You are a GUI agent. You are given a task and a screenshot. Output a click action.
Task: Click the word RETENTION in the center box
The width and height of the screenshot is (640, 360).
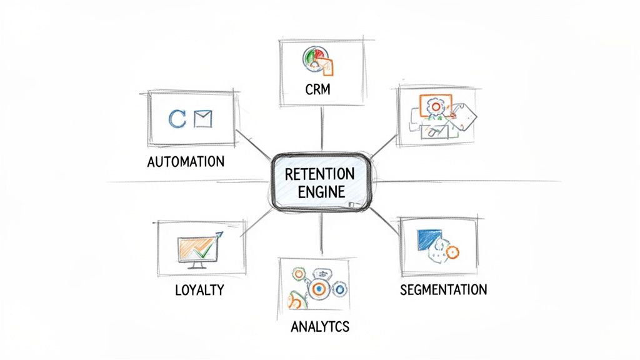coord(319,173)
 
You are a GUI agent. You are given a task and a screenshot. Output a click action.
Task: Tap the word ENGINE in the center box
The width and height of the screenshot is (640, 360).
coord(319,191)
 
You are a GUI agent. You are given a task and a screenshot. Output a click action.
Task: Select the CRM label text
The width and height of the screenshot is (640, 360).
coord(317,90)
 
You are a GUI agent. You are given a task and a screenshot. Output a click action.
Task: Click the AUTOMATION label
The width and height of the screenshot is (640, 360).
coord(186,161)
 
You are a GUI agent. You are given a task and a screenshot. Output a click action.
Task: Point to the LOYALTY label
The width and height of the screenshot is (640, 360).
coord(200,291)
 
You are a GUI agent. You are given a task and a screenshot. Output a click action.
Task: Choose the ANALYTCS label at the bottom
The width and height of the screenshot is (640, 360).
coord(320,326)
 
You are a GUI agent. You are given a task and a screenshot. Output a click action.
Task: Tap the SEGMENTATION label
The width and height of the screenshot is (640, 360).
coord(443,290)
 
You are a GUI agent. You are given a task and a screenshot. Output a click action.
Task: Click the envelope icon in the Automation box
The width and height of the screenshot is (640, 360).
coord(203,119)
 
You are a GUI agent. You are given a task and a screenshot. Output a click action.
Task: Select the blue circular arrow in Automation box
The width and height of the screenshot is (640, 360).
coord(177,119)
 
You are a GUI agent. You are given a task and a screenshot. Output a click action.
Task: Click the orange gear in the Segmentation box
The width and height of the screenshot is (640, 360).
coord(453,251)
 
